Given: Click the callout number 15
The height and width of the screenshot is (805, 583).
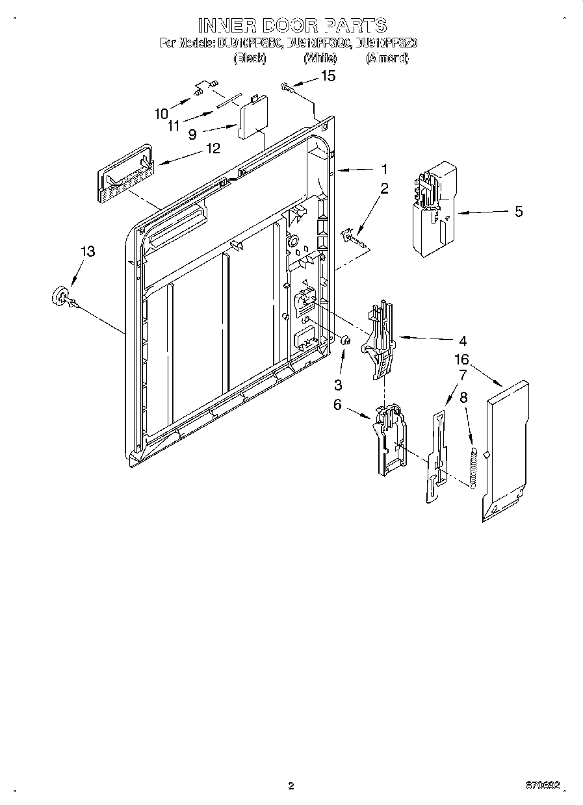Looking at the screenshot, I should click(329, 77).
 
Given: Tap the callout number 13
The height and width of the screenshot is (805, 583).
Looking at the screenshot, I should click(88, 251).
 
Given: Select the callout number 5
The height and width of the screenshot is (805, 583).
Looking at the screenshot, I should click(518, 212).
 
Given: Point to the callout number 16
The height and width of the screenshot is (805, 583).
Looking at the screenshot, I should click(461, 359).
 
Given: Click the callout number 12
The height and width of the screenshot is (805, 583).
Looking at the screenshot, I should click(213, 149).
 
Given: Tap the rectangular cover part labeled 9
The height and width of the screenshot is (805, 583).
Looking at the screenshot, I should click(252, 118).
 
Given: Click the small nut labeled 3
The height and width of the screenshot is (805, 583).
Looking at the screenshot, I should click(346, 340).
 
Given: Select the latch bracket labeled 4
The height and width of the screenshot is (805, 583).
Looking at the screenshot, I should click(381, 339).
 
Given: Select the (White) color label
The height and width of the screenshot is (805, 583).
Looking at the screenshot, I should click(320, 58).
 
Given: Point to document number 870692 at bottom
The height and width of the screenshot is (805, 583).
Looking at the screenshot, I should click(541, 786).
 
